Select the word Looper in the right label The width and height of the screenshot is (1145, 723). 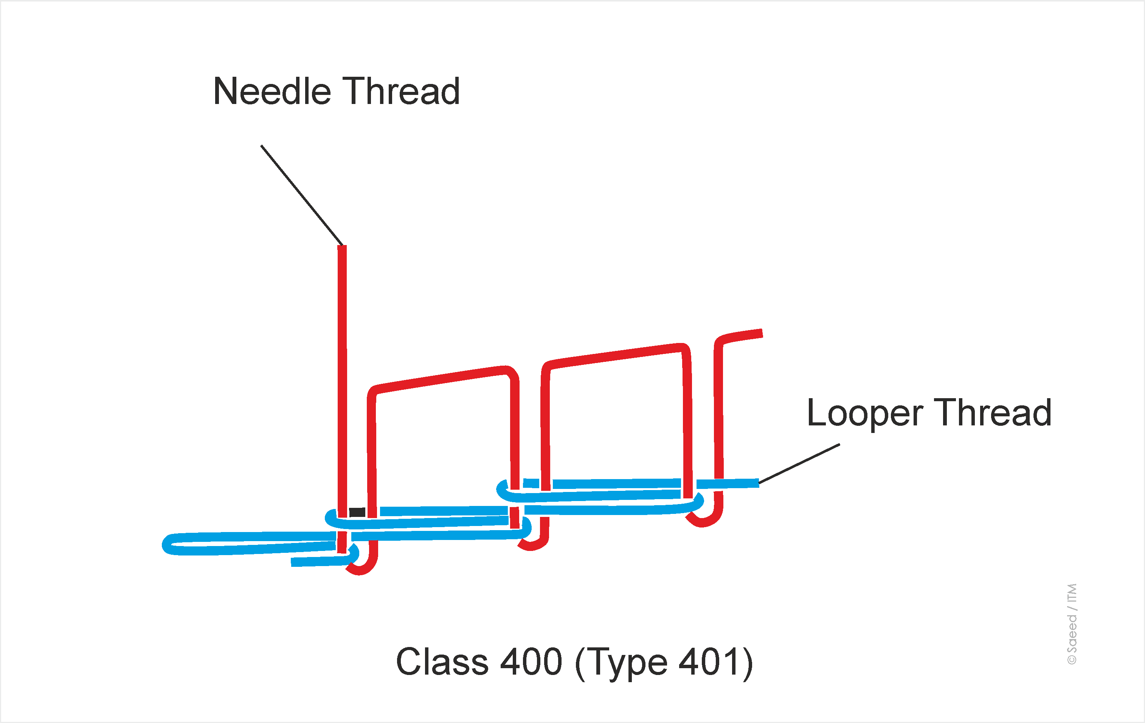865,413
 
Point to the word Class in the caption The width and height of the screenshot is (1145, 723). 442,662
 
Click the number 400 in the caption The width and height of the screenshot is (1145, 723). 531,662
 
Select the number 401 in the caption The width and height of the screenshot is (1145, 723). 709,662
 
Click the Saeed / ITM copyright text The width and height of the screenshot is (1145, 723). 1072,624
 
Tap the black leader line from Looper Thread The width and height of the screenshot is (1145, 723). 799,464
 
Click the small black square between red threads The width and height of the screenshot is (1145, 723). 357,512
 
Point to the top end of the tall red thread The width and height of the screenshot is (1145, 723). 342,247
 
